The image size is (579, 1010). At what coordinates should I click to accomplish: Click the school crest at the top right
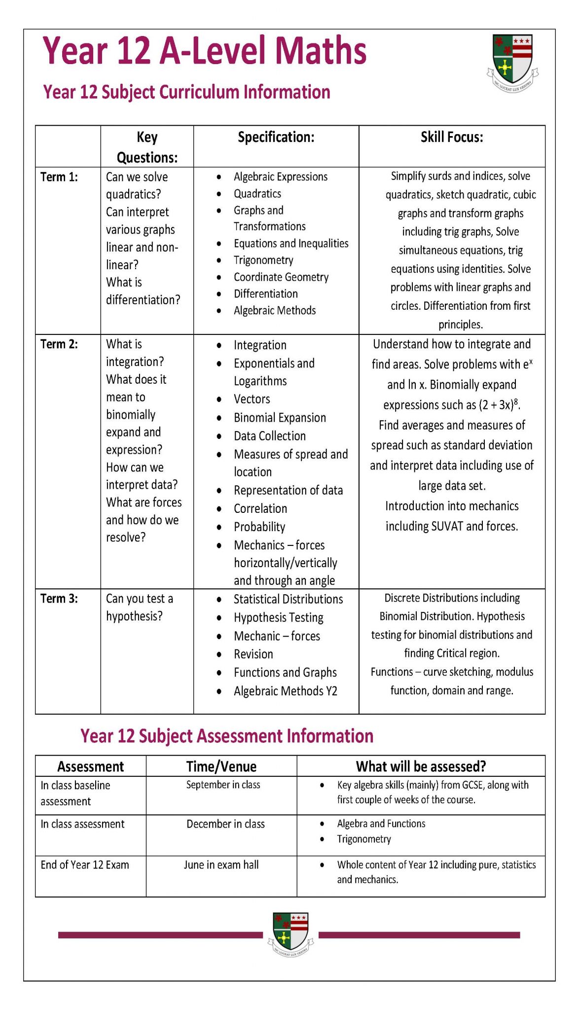click(512, 61)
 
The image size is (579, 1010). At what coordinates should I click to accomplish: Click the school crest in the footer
click(290, 934)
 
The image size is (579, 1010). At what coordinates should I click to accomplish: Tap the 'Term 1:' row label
click(59, 177)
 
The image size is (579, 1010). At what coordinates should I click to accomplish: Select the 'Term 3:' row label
click(59, 598)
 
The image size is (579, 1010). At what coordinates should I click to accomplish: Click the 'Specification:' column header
click(276, 137)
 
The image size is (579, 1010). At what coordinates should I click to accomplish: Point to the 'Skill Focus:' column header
click(451, 137)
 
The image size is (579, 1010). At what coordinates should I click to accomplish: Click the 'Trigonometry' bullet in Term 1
click(263, 260)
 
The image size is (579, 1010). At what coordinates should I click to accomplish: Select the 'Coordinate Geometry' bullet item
click(281, 277)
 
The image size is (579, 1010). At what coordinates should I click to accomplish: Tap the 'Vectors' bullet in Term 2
click(252, 399)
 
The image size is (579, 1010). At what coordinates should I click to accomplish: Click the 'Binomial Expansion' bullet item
click(280, 418)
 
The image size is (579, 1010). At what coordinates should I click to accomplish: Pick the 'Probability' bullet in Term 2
click(259, 527)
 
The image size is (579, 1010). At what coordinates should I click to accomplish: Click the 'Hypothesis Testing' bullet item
click(278, 617)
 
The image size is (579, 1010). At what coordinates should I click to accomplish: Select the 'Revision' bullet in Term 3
click(253, 654)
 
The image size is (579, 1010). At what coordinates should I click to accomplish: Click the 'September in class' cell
click(223, 785)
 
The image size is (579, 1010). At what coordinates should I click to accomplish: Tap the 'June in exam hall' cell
click(221, 865)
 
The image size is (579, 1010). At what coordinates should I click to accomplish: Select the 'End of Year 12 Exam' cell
click(85, 865)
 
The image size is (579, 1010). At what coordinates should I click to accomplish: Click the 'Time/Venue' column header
click(221, 766)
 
